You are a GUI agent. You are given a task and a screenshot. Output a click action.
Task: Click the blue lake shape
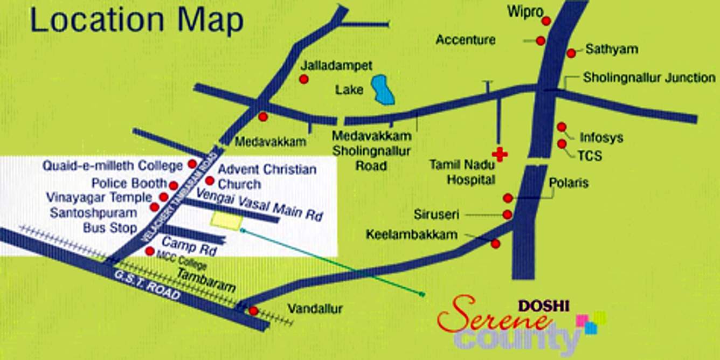383,90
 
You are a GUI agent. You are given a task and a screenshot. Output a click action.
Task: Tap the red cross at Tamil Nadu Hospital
500,155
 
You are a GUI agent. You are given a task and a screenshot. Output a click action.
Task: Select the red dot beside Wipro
546,21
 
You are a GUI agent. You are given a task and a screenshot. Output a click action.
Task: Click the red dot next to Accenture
541,40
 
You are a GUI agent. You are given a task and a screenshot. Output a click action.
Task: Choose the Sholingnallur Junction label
649,78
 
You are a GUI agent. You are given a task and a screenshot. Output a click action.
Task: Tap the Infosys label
601,137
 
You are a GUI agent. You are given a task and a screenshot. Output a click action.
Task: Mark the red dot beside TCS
562,144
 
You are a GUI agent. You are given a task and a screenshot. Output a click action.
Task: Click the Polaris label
569,183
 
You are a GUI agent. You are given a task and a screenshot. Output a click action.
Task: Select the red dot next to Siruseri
507,214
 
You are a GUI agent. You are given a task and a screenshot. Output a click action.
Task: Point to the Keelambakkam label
411,234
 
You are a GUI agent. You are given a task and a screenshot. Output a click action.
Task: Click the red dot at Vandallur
253,310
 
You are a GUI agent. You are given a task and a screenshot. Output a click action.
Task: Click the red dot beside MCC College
150,251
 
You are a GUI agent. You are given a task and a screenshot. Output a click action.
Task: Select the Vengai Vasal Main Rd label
259,204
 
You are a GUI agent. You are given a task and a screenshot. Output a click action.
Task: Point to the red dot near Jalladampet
304,79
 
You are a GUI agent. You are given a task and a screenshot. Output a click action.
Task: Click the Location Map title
137,22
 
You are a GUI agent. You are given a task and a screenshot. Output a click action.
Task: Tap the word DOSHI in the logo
543,306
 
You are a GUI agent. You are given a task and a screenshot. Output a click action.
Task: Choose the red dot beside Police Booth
173,185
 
